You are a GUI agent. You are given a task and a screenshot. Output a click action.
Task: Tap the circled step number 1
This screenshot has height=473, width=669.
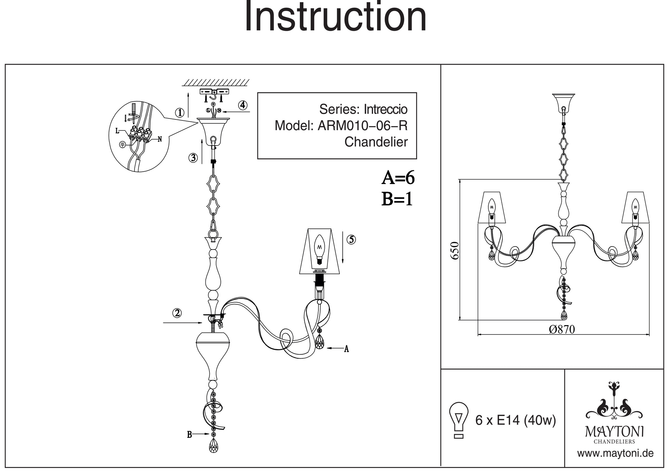tap(180, 113)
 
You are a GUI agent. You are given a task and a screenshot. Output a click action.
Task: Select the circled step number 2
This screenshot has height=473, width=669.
tap(177, 313)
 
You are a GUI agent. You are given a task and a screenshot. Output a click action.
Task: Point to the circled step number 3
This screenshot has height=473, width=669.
tap(193, 158)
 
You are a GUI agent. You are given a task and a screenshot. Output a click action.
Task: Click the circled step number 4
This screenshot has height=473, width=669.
tap(243, 105)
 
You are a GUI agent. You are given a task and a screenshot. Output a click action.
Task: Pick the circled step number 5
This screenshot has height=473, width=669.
tap(351, 240)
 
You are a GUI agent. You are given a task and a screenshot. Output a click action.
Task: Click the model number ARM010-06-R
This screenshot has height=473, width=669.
tap(363, 126)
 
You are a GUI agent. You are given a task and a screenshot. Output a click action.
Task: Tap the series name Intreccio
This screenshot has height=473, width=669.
tap(385, 109)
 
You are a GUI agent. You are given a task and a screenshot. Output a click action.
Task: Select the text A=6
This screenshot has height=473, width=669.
tap(398, 178)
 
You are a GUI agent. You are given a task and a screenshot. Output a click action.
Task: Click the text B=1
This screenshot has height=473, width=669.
tap(397, 199)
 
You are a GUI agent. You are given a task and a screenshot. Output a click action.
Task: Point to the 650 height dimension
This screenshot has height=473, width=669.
tap(455, 250)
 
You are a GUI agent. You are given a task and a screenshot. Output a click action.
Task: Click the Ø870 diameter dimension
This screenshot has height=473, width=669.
tap(562, 329)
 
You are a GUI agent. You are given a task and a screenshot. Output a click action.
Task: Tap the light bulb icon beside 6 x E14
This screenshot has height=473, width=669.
tap(459, 420)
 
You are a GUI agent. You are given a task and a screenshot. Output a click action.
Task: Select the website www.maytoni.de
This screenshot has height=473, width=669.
tap(615, 454)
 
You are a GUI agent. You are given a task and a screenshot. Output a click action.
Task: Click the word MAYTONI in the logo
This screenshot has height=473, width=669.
tap(614, 432)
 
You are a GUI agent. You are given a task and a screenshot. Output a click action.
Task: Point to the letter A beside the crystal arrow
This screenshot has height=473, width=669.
tap(347, 349)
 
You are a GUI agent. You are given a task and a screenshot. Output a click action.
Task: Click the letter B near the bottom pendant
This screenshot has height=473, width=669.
tap(189, 435)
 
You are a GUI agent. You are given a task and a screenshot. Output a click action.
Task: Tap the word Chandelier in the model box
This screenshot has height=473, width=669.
tap(376, 142)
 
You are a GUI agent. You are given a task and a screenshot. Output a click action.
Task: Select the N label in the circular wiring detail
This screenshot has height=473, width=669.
tap(160, 139)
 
